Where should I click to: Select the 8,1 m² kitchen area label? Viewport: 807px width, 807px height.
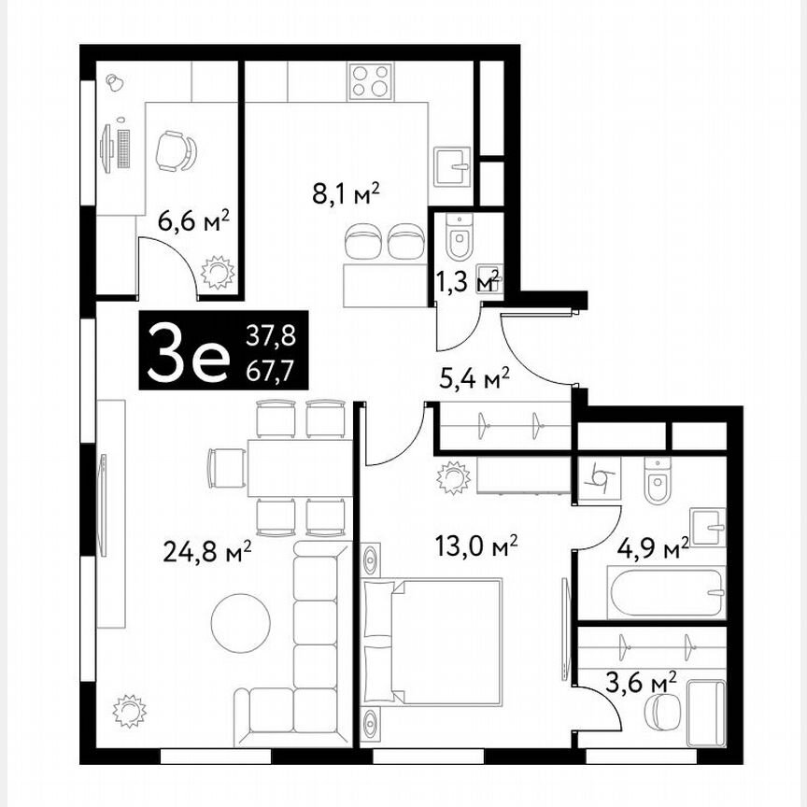tap(347, 194)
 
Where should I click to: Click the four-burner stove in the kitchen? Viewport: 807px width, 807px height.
tap(371, 80)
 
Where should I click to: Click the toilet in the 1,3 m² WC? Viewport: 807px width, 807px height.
tap(460, 238)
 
